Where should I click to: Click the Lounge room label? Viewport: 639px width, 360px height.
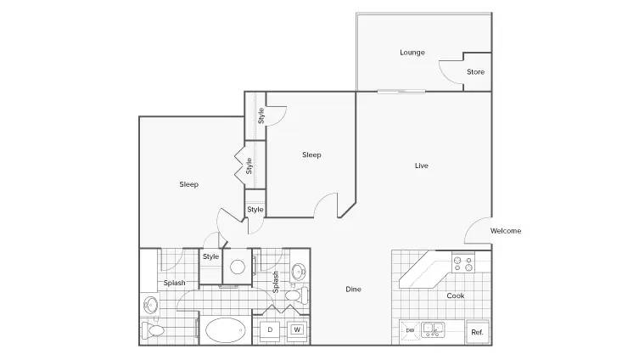coord(412,53)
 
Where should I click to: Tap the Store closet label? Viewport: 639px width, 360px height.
coord(475,72)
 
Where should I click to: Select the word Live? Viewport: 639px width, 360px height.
coord(422,166)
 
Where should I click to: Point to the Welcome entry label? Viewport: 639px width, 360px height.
coord(506,231)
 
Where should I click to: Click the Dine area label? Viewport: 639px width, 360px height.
coord(353,289)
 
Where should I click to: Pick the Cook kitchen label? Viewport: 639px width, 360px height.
coord(455,295)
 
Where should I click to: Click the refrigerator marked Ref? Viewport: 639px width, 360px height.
coord(477,332)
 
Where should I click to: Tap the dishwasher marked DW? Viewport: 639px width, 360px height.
coord(410,329)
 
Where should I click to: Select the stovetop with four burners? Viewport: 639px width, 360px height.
coord(463,262)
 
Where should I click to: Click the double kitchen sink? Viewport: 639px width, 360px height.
coord(433,329)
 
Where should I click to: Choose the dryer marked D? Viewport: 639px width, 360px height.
coord(270,331)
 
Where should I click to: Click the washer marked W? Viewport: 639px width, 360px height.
coord(297,331)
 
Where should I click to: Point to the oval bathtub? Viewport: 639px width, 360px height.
coord(226,329)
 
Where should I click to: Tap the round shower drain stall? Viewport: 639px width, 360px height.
coord(237,267)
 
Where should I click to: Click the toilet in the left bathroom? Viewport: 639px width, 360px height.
coord(153,329)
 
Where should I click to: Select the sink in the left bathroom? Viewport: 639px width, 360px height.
coord(150,305)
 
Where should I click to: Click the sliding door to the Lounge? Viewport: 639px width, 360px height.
coord(401,92)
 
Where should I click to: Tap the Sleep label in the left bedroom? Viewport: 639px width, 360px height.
coord(188,184)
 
